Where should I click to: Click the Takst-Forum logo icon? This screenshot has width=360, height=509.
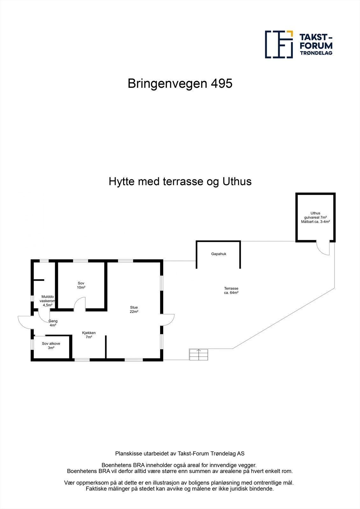click(279, 44)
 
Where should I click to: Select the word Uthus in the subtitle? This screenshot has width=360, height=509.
click(237, 182)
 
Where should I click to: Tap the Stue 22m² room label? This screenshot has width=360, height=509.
click(134, 310)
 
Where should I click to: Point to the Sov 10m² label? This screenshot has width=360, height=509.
click(81, 285)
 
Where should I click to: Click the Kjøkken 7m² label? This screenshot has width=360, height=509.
click(88, 335)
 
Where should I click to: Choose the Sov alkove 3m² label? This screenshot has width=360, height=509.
click(51, 346)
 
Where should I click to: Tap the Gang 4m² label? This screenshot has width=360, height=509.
click(53, 323)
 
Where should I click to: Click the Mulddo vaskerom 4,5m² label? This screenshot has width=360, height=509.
click(47, 301)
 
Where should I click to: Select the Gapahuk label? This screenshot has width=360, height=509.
click(219, 254)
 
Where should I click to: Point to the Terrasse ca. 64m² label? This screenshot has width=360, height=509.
click(231, 290)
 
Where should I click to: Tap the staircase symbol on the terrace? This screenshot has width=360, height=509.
click(199, 354)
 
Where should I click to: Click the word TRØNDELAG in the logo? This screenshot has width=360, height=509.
click(316, 53)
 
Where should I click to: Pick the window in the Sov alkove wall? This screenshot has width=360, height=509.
click(32, 345)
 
